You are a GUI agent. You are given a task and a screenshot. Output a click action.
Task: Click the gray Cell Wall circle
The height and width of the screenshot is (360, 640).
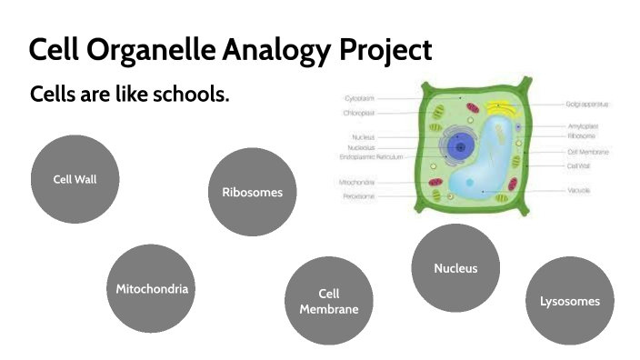coord(75,179)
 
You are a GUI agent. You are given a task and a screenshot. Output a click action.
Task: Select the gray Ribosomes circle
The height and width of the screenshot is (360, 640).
coord(252,192)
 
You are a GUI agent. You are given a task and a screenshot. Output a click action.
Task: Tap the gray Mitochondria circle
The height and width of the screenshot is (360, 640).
coord(152,289)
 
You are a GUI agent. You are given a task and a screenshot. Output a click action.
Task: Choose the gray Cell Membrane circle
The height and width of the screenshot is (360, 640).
coord(328,301)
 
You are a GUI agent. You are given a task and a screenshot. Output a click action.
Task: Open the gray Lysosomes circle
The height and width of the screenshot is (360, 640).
coord(569,301)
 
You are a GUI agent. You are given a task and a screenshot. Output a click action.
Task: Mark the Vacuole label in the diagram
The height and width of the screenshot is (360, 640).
coord(579,191)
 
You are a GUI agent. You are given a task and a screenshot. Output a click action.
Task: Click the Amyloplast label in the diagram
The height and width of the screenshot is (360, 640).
coord(583,126)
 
